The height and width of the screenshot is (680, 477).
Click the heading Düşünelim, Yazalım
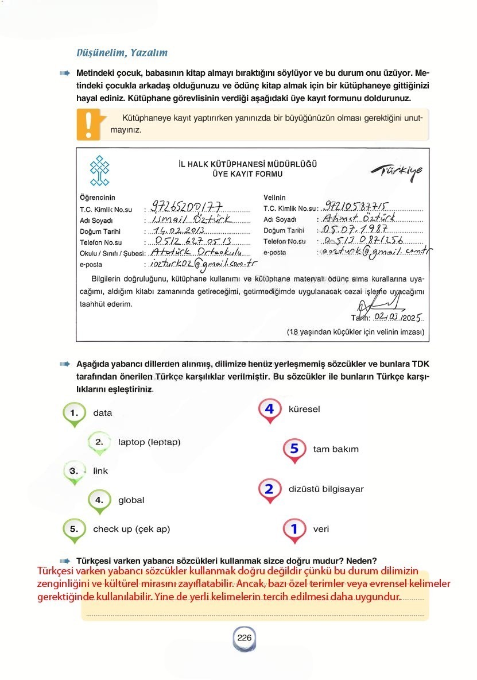pyautogui.click(x=122, y=53)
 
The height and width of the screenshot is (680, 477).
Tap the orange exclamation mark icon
pyautogui.click(x=88, y=123)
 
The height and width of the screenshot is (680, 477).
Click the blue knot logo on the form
pyautogui.click(x=100, y=171)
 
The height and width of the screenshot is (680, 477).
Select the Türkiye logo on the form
pyautogui.click(x=396, y=172)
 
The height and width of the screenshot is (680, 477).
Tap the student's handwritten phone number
pyautogui.click(x=193, y=241)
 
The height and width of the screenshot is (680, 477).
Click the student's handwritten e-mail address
pyautogui.click(x=203, y=264)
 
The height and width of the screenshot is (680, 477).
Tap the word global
pyautogui.click(x=131, y=500)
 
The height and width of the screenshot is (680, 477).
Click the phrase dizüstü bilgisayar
pyautogui.click(x=326, y=489)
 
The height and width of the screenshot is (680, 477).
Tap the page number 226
pyautogui.click(x=245, y=637)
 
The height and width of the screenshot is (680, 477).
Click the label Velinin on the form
pyautogui.click(x=274, y=198)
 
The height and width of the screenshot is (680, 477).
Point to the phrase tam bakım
pyautogui.click(x=336, y=449)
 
